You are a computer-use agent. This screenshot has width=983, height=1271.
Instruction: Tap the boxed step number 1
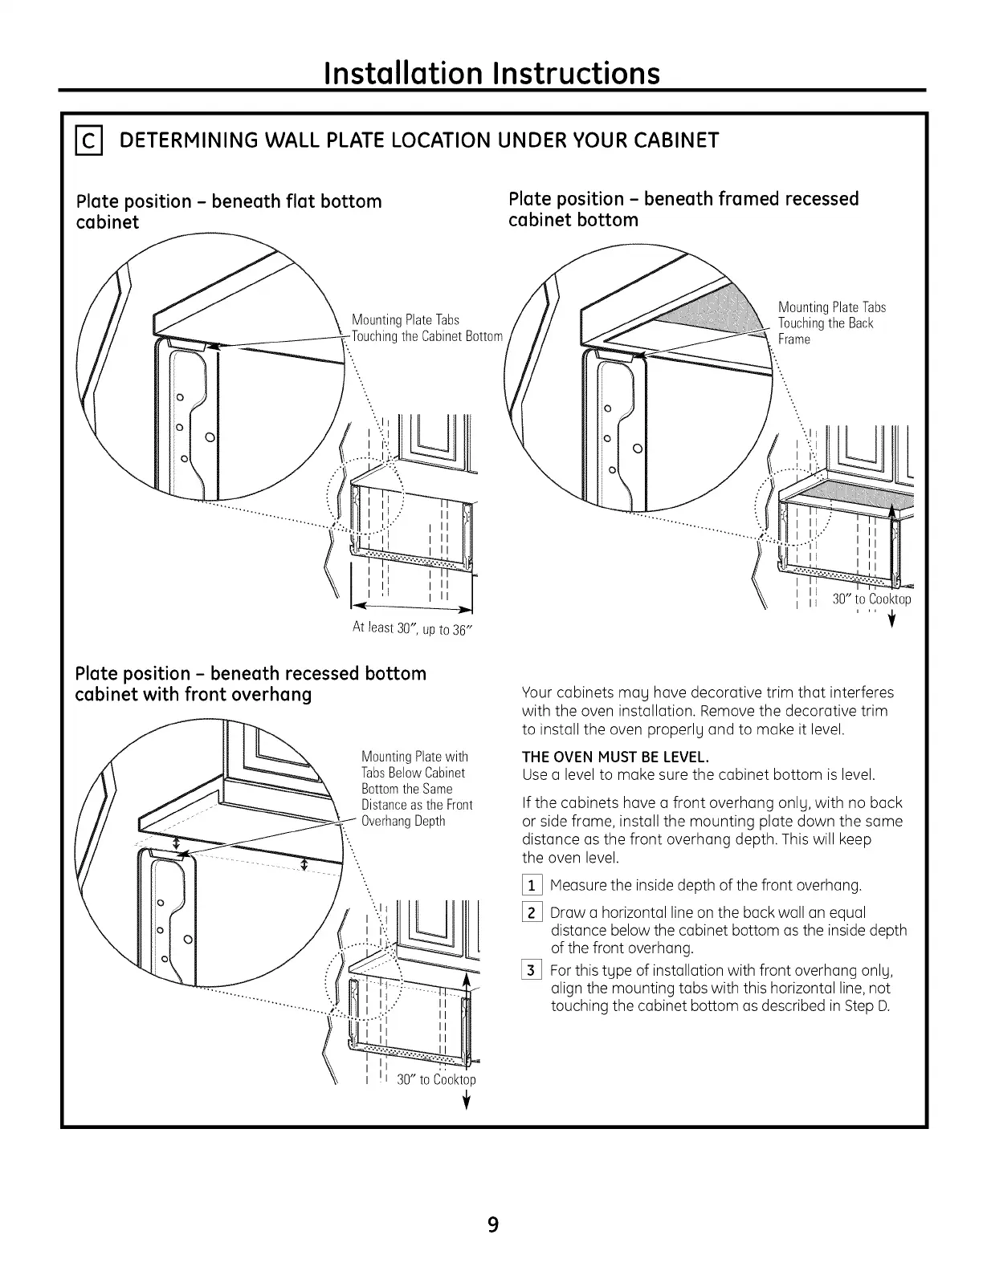click(x=532, y=886)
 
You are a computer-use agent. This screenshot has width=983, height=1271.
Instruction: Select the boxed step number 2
click(x=532, y=913)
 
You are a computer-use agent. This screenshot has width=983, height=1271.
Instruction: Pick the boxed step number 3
click(x=532, y=971)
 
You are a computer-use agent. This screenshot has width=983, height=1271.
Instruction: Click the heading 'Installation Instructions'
click(x=491, y=73)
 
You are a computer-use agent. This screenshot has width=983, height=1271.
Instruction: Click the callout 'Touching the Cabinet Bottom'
click(x=426, y=336)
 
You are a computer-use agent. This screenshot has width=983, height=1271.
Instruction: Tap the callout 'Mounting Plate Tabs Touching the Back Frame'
click(x=831, y=323)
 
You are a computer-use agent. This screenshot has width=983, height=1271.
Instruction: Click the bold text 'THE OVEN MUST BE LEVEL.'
click(x=616, y=757)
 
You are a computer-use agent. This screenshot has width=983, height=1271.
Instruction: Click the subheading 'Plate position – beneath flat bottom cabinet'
click(x=228, y=211)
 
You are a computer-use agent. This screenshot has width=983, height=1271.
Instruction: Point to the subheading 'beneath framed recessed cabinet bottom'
click(x=683, y=209)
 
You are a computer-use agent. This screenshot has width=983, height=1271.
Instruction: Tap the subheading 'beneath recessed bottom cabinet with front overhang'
click(x=250, y=684)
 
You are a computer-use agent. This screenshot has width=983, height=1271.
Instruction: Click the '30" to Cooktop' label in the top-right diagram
click(x=871, y=599)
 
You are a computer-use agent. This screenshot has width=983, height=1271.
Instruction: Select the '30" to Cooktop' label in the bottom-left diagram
click(x=436, y=1079)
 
